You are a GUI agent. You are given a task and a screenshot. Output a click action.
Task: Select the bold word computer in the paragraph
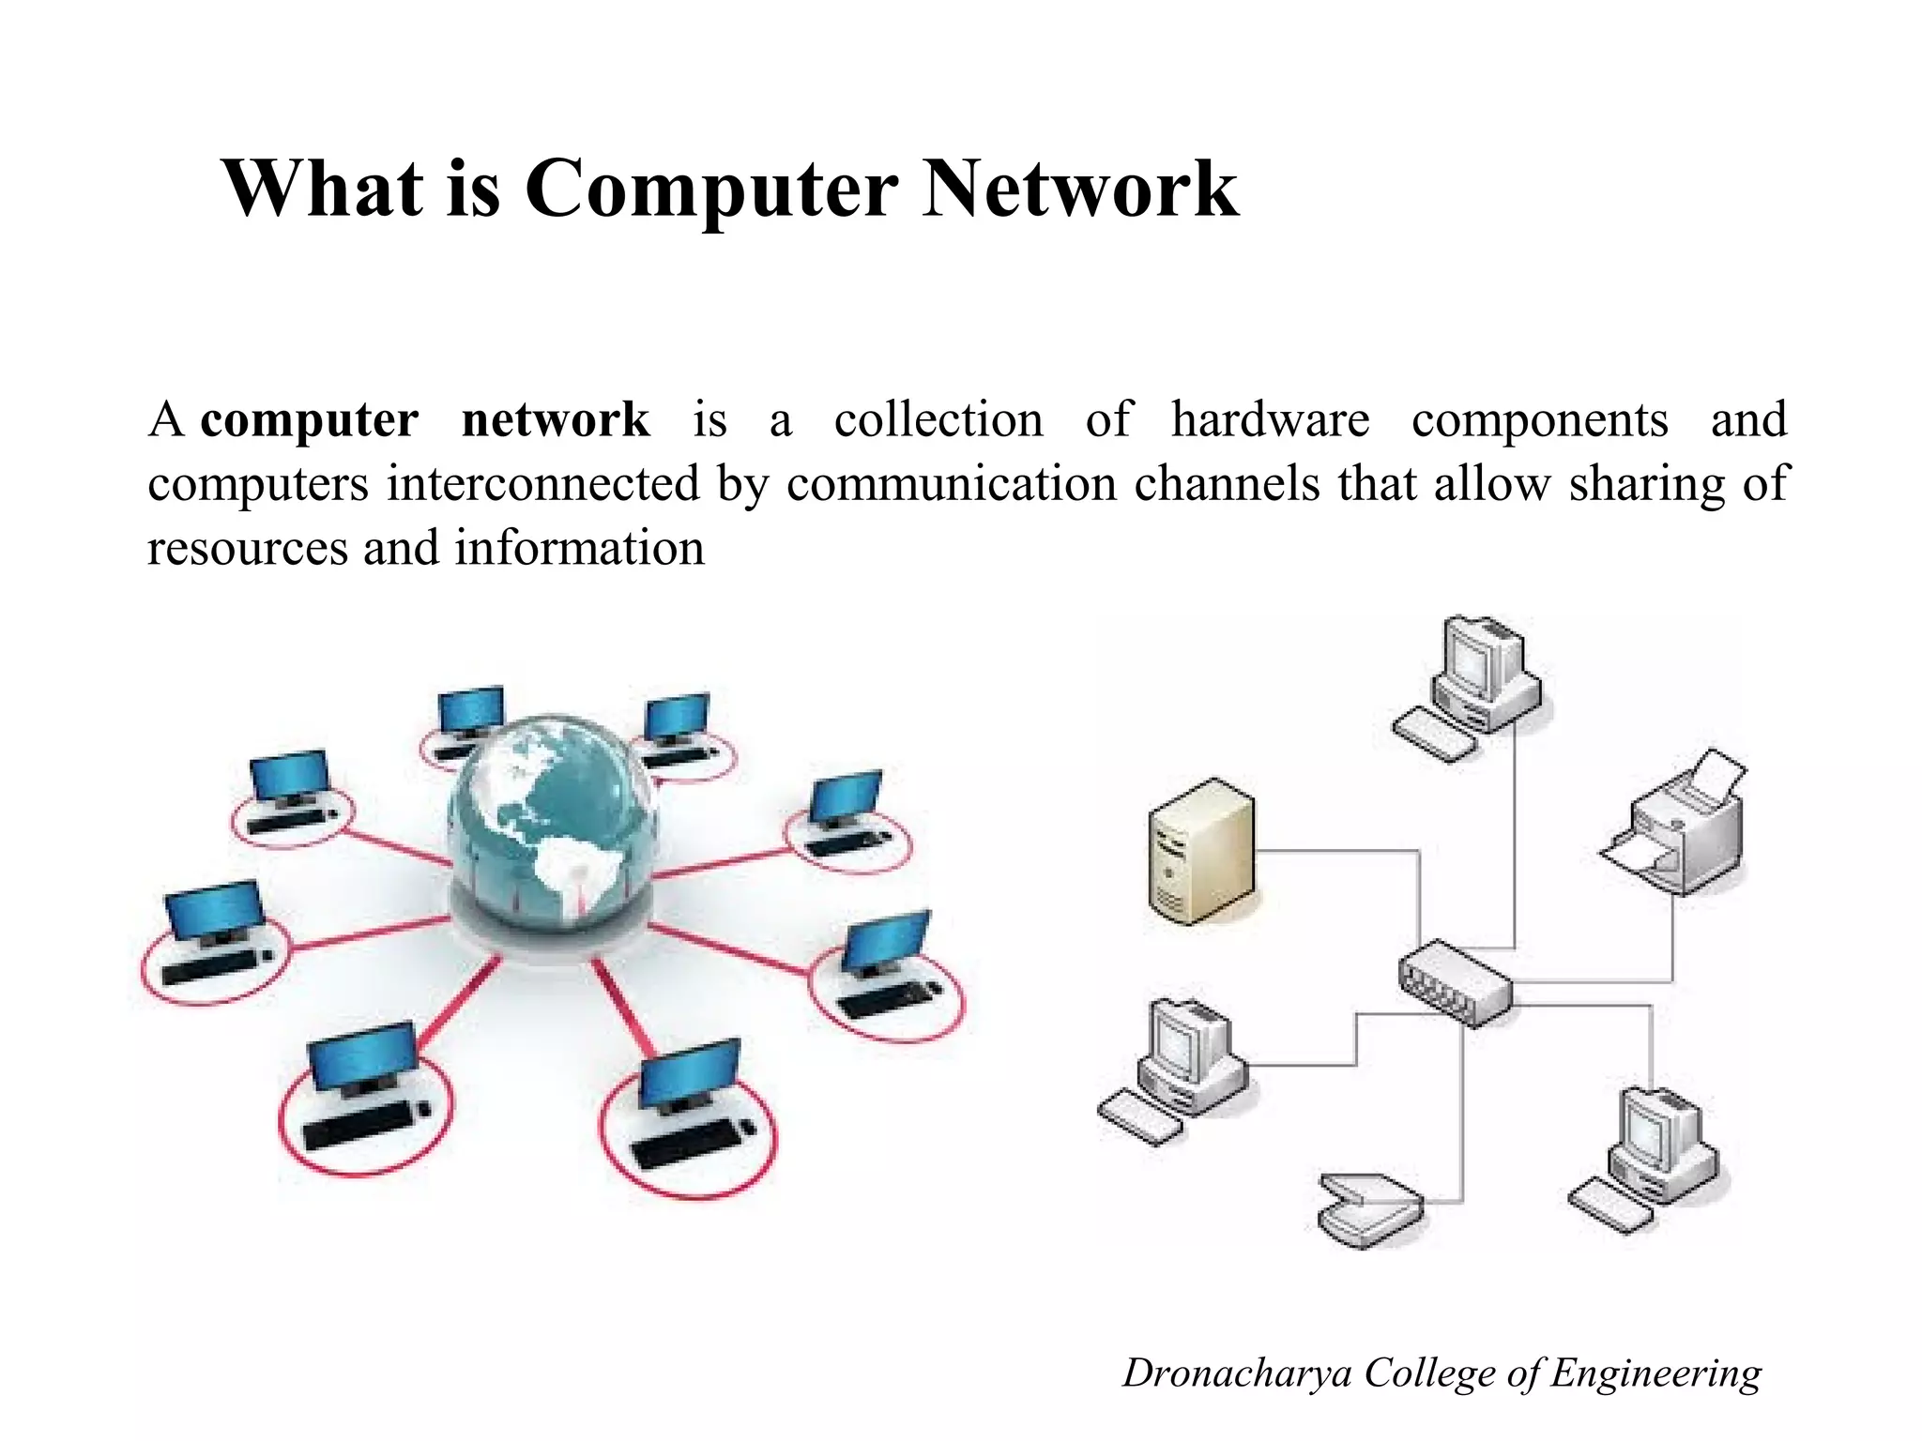click(310, 419)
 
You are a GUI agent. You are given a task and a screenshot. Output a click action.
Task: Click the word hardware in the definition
click(1270, 419)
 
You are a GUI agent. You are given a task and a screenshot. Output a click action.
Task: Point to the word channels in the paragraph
click(1227, 484)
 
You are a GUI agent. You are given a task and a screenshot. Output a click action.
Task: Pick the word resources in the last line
click(248, 549)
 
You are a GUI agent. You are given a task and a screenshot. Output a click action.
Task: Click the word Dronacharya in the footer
click(1237, 1373)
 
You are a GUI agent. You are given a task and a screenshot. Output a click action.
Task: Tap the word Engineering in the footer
click(1655, 1373)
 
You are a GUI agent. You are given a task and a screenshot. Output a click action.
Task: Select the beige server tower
click(1202, 851)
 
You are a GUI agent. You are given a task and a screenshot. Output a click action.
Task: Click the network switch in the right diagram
click(1456, 982)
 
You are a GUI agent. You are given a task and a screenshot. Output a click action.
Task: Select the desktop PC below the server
click(1179, 1069)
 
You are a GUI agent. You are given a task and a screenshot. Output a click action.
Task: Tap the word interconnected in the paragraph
click(544, 484)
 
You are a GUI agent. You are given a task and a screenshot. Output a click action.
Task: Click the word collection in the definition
click(938, 419)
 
